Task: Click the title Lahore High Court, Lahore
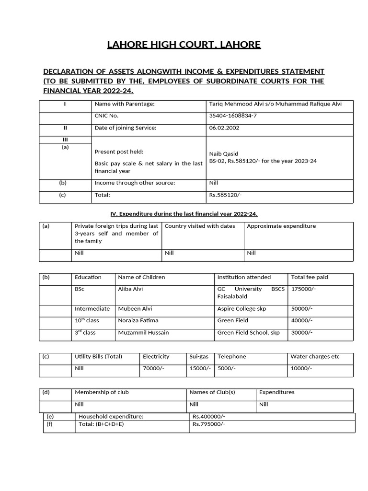184,45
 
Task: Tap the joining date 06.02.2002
225,128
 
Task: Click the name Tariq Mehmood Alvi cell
275,104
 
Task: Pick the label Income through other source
135,183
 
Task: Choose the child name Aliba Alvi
130,289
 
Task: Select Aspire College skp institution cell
241,309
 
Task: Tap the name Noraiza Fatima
138,320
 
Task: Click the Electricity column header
156,356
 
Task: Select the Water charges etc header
314,356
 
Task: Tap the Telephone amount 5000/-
228,368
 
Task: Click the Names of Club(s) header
212,392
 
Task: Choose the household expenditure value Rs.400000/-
208,417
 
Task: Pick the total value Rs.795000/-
208,424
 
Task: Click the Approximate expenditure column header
281,226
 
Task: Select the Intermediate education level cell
92,309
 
